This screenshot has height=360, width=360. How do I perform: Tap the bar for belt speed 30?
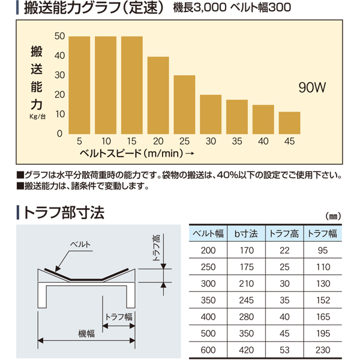pos(211,114)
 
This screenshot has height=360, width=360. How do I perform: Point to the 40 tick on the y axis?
pos(59,56)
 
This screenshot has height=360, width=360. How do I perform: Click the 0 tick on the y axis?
pos(59,133)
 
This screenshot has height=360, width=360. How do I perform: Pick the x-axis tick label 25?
pos(184,142)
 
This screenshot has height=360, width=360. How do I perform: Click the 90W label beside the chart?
pos(311,88)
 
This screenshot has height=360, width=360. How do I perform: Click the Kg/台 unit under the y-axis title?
pos(37,117)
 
